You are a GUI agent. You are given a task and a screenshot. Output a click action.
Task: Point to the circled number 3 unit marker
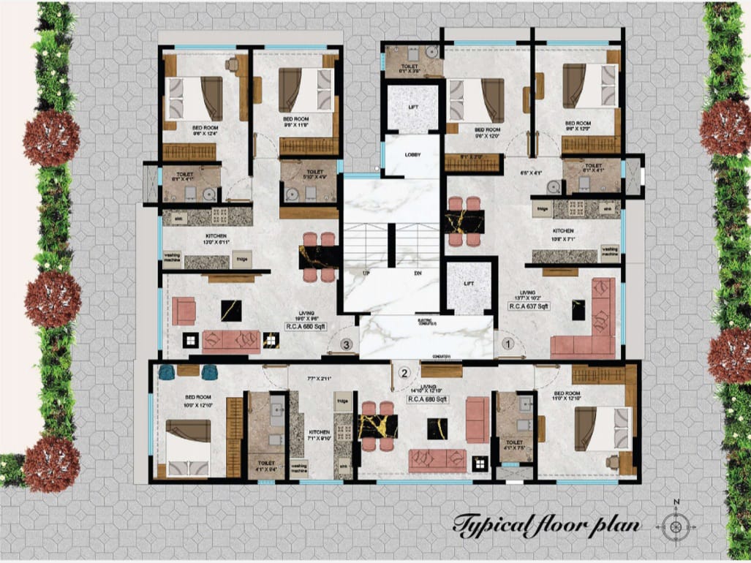[x=347, y=342]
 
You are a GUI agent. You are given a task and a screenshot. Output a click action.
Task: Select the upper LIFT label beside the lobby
[x=413, y=107]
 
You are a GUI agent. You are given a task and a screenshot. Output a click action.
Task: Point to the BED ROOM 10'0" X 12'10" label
[x=189, y=400]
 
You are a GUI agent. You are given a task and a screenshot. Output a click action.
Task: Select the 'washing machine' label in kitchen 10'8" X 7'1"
[x=608, y=252]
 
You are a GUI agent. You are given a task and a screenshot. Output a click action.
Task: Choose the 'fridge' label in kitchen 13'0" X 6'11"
[x=241, y=258]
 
